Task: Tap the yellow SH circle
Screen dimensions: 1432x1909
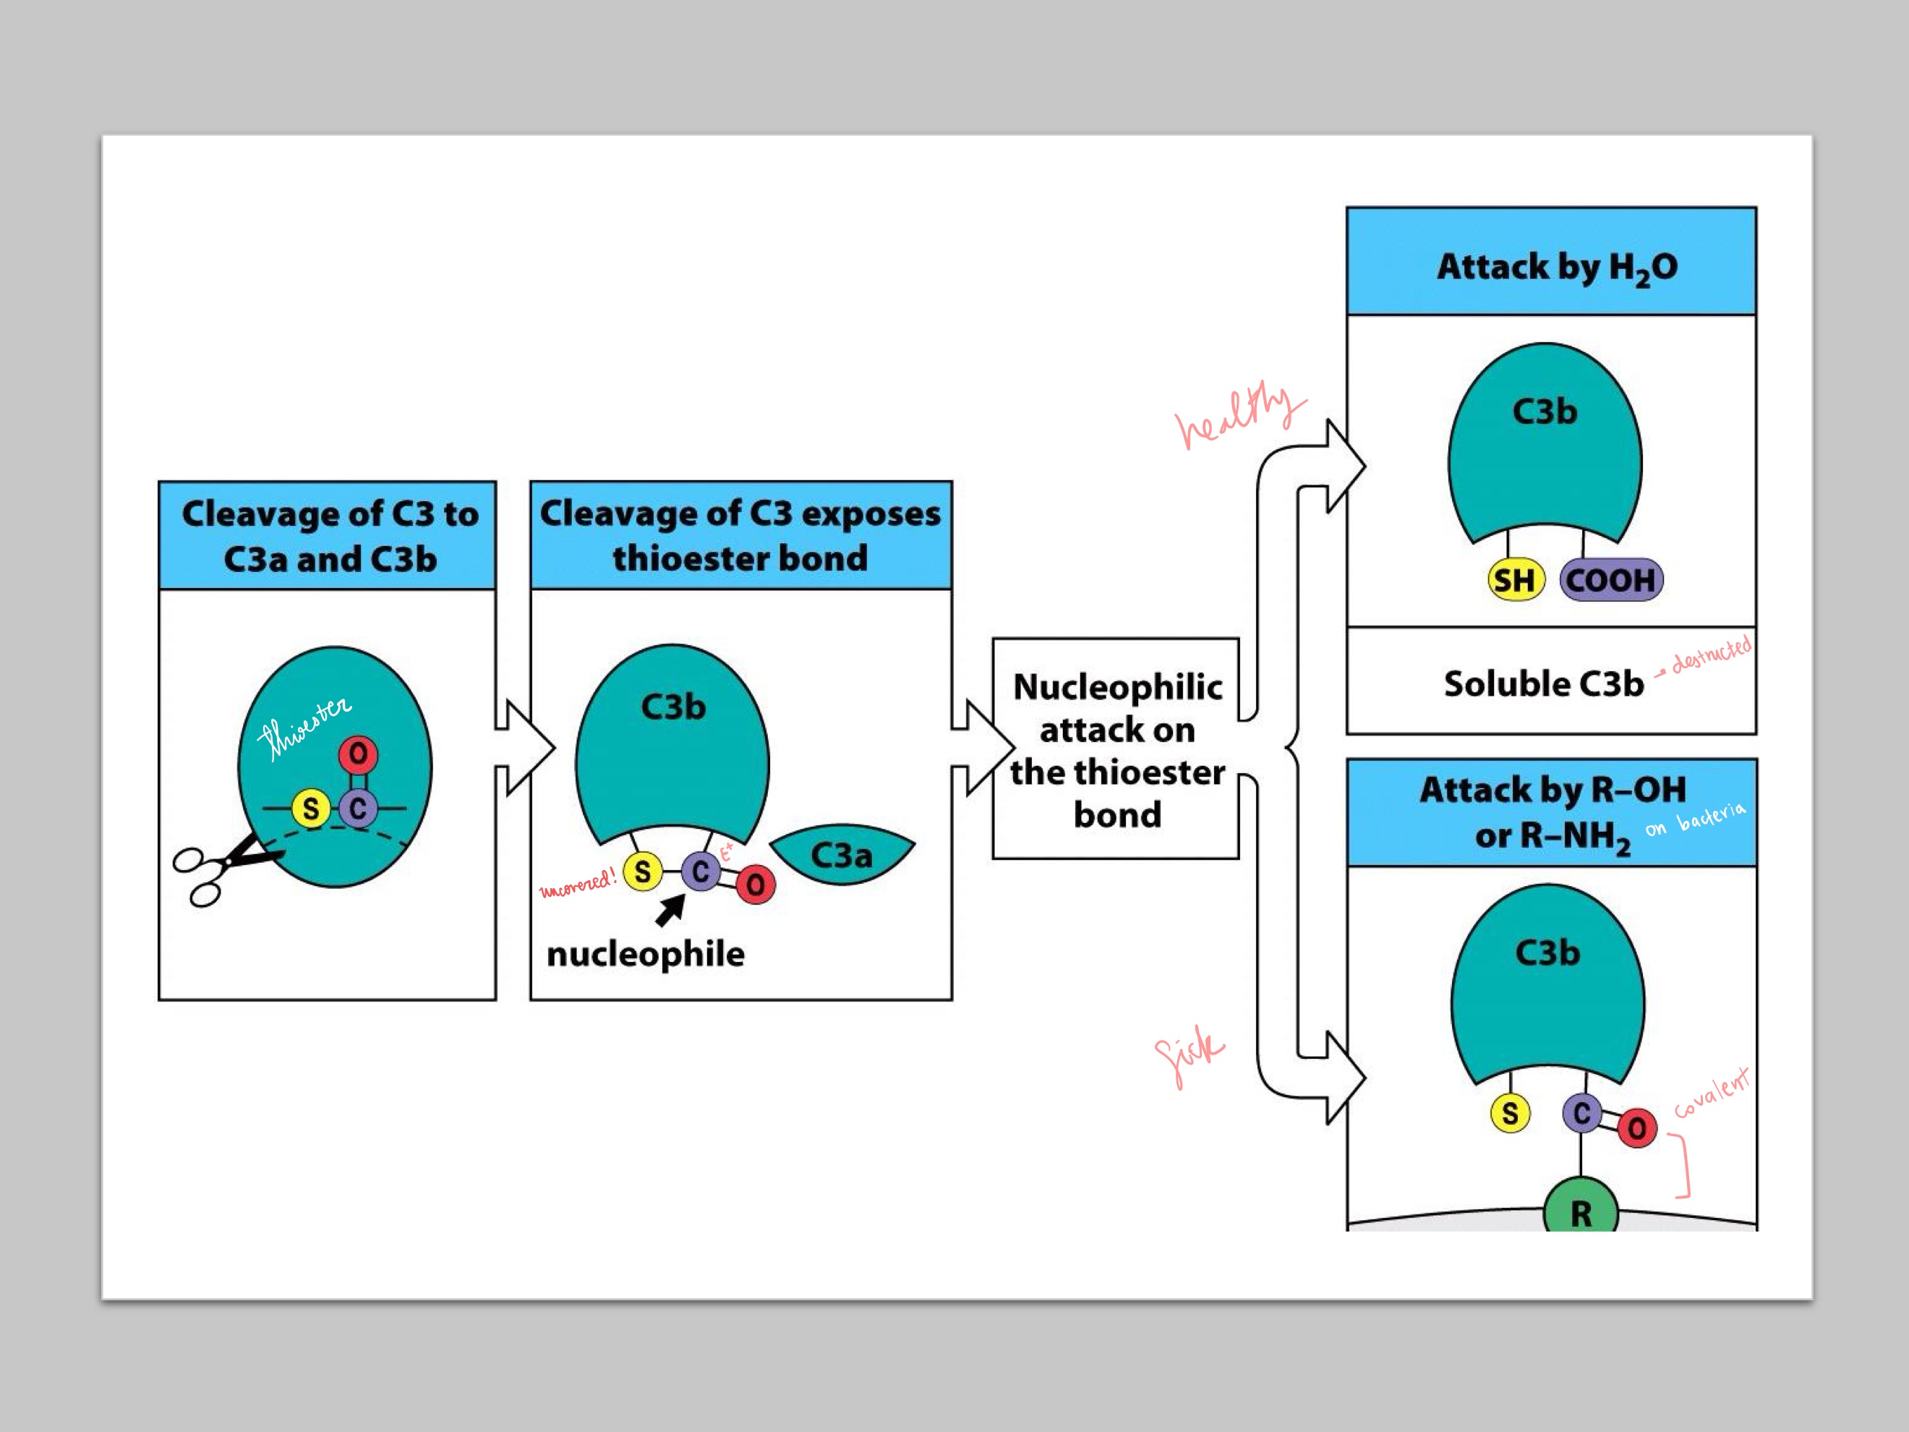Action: (1515, 580)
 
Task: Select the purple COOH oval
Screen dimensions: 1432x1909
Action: (1610, 580)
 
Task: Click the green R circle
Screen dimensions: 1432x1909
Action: (1580, 1210)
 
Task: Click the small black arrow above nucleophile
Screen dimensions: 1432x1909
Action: (670, 910)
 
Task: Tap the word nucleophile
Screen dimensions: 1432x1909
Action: (645, 954)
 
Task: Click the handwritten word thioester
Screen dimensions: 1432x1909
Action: (304, 728)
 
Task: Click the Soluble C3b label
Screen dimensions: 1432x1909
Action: (1543, 683)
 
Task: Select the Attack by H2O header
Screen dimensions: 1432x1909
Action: (1556, 267)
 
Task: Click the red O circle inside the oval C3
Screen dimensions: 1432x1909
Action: (358, 754)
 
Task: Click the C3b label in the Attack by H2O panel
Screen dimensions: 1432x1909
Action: (1544, 412)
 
